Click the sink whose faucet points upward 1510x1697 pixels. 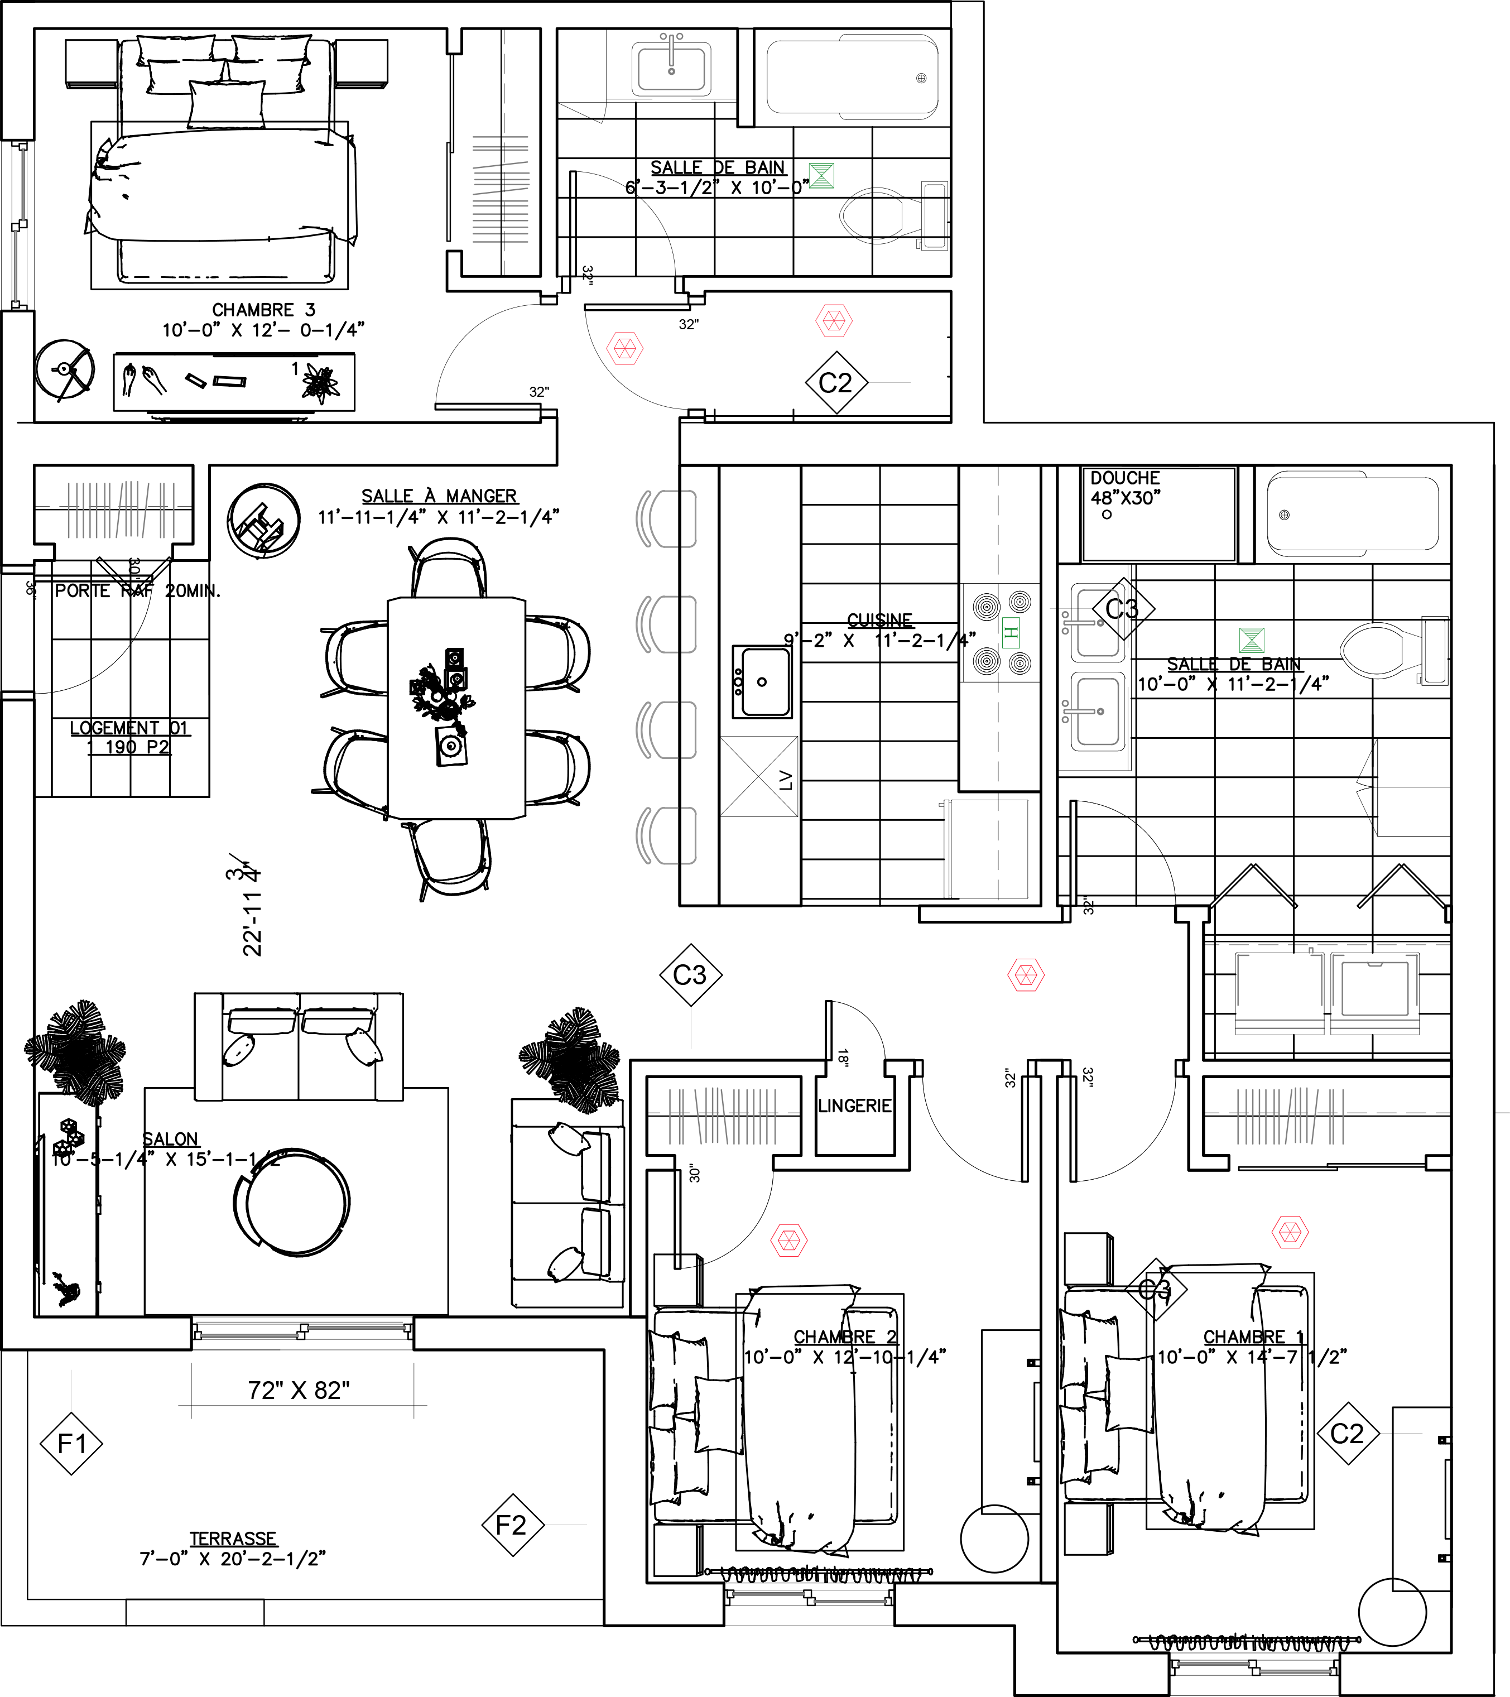[x=671, y=68]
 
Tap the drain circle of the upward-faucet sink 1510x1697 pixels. [x=671, y=71]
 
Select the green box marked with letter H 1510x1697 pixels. [x=1010, y=633]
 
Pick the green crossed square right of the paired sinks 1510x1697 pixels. [x=1251, y=640]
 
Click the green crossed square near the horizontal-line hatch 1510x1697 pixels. [x=821, y=175]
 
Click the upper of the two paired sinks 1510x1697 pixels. [x=1097, y=623]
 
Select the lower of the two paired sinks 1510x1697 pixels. [x=1097, y=712]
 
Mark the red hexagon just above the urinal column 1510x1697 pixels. [x=624, y=349]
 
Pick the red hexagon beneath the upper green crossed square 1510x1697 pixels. [x=834, y=320]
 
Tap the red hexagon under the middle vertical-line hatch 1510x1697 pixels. [x=788, y=1241]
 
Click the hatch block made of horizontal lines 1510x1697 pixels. [x=501, y=189]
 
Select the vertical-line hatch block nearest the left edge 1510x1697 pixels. [x=121, y=509]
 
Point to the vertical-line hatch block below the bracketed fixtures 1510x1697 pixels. [x=1290, y=1117]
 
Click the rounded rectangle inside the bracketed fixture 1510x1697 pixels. [x=1375, y=989]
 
